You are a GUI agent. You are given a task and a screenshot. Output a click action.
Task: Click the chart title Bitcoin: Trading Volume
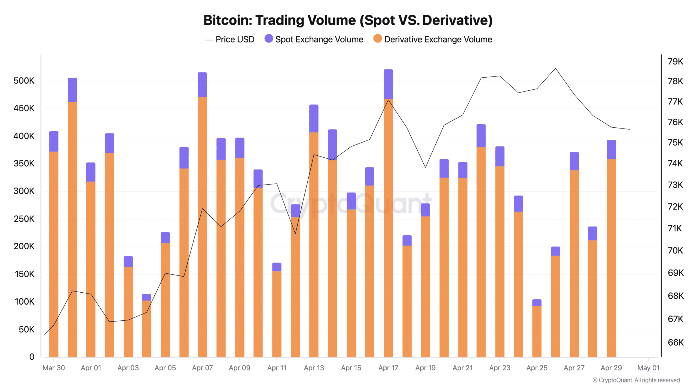pyautogui.click(x=348, y=20)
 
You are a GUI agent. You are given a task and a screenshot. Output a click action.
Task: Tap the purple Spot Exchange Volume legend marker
pyautogui.click(x=268, y=39)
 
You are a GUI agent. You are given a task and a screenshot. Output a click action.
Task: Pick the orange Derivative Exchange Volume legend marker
pyautogui.click(x=377, y=39)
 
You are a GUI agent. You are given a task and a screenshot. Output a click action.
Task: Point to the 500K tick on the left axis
pyautogui.click(x=24, y=81)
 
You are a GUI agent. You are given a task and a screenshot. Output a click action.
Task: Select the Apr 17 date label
pyautogui.click(x=388, y=368)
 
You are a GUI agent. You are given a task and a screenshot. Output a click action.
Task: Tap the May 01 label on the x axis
pyautogui.click(x=648, y=368)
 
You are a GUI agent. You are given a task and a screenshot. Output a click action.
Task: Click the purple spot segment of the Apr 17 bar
pyautogui.click(x=388, y=84)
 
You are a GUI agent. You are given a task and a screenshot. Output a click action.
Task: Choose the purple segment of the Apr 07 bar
pyautogui.click(x=202, y=84)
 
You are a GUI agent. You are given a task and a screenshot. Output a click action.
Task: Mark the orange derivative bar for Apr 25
pyautogui.click(x=537, y=331)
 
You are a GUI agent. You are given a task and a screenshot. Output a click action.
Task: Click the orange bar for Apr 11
pyautogui.click(x=277, y=313)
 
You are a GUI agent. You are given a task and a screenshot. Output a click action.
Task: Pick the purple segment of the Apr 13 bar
pyautogui.click(x=314, y=118)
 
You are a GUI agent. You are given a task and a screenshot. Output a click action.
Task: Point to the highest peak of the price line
pyautogui.click(x=555, y=68)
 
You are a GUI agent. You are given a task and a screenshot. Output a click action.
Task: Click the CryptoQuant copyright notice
pyautogui.click(x=636, y=380)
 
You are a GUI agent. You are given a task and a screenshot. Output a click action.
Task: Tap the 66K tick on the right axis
pyautogui.click(x=675, y=342)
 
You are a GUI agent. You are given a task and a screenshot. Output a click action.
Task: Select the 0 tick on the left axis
pyautogui.click(x=32, y=357)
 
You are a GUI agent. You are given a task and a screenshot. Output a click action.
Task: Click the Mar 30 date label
pyautogui.click(x=54, y=368)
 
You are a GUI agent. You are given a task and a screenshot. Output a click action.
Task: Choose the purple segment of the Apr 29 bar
pyautogui.click(x=611, y=149)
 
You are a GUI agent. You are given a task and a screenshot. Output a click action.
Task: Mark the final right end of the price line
pyautogui.click(x=629, y=129)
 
